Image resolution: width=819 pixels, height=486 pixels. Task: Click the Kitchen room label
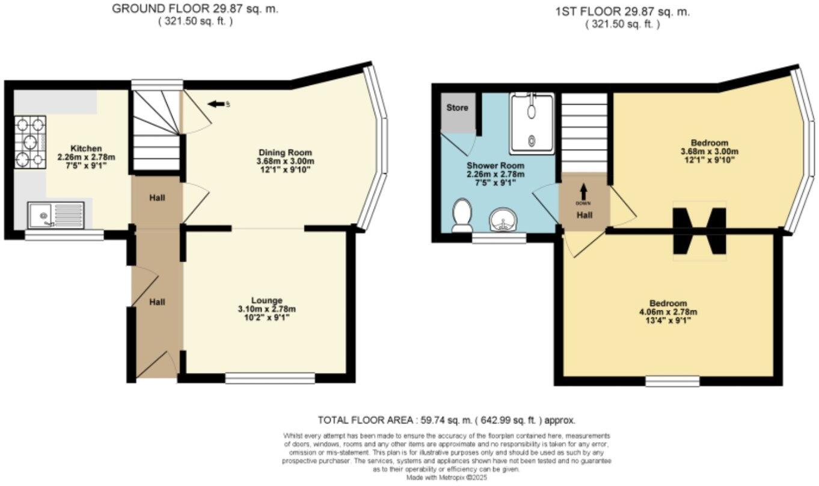87,149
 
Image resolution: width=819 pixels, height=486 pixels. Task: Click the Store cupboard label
457,108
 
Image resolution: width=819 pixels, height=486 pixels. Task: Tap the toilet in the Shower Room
462,216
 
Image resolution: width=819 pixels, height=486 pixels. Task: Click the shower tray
532,123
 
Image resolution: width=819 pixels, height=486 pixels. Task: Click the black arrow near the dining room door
215,105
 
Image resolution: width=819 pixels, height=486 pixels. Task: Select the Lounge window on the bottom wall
270,378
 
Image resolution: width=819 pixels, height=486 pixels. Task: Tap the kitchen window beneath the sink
64,235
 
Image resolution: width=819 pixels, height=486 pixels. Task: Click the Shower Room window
498,239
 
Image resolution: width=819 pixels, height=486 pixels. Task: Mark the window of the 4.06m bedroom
672,381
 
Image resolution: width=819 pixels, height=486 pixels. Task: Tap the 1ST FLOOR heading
622,11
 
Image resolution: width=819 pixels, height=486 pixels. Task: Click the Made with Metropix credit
446,477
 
